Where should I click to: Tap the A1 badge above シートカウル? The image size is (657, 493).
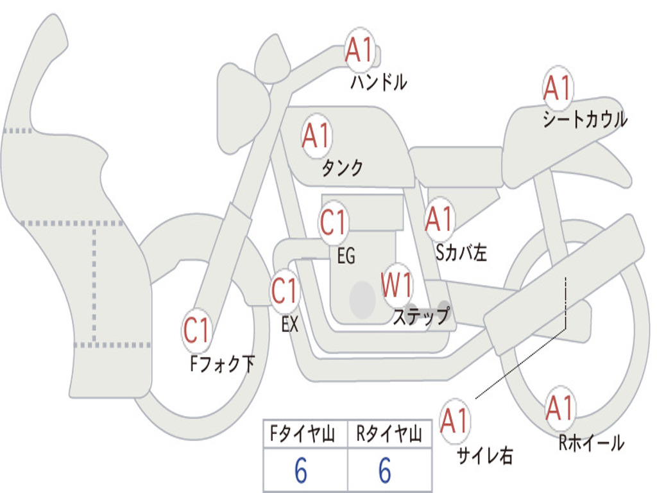[x=558, y=89]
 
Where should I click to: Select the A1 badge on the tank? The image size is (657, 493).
[x=316, y=135]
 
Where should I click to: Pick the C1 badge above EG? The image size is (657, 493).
[x=334, y=223]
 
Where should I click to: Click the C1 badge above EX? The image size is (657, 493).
[x=285, y=291]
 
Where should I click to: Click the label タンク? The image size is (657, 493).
[x=343, y=168]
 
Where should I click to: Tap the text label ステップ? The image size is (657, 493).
[x=421, y=316]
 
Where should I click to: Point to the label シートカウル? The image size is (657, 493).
[x=584, y=120]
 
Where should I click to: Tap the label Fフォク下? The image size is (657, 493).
[x=222, y=365]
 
